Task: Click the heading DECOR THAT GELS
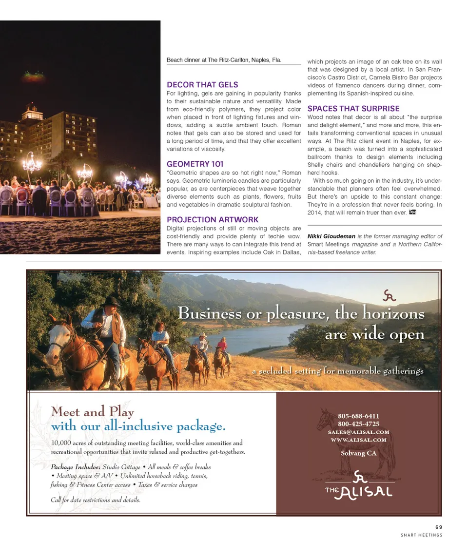pos(202,85)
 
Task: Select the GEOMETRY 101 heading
pos(195,164)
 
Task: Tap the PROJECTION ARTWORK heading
pos(213,220)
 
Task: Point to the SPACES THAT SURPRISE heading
pos(353,109)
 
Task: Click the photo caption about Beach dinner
pos(224,60)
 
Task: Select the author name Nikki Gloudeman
pos(331,236)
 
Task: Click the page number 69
pos(438,526)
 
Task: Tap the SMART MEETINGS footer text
pos(421,535)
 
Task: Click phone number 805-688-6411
pos(358,416)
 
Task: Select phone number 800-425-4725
pos(358,424)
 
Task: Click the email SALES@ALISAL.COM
pos(358,432)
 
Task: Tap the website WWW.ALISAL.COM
pos(358,440)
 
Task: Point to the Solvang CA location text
pos(358,453)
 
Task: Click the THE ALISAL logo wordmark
pos(359,491)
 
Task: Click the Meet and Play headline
pos(93,412)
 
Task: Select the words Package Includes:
pos(76,467)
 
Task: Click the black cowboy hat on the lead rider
pos(112,301)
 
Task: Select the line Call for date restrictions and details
pos(96,500)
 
